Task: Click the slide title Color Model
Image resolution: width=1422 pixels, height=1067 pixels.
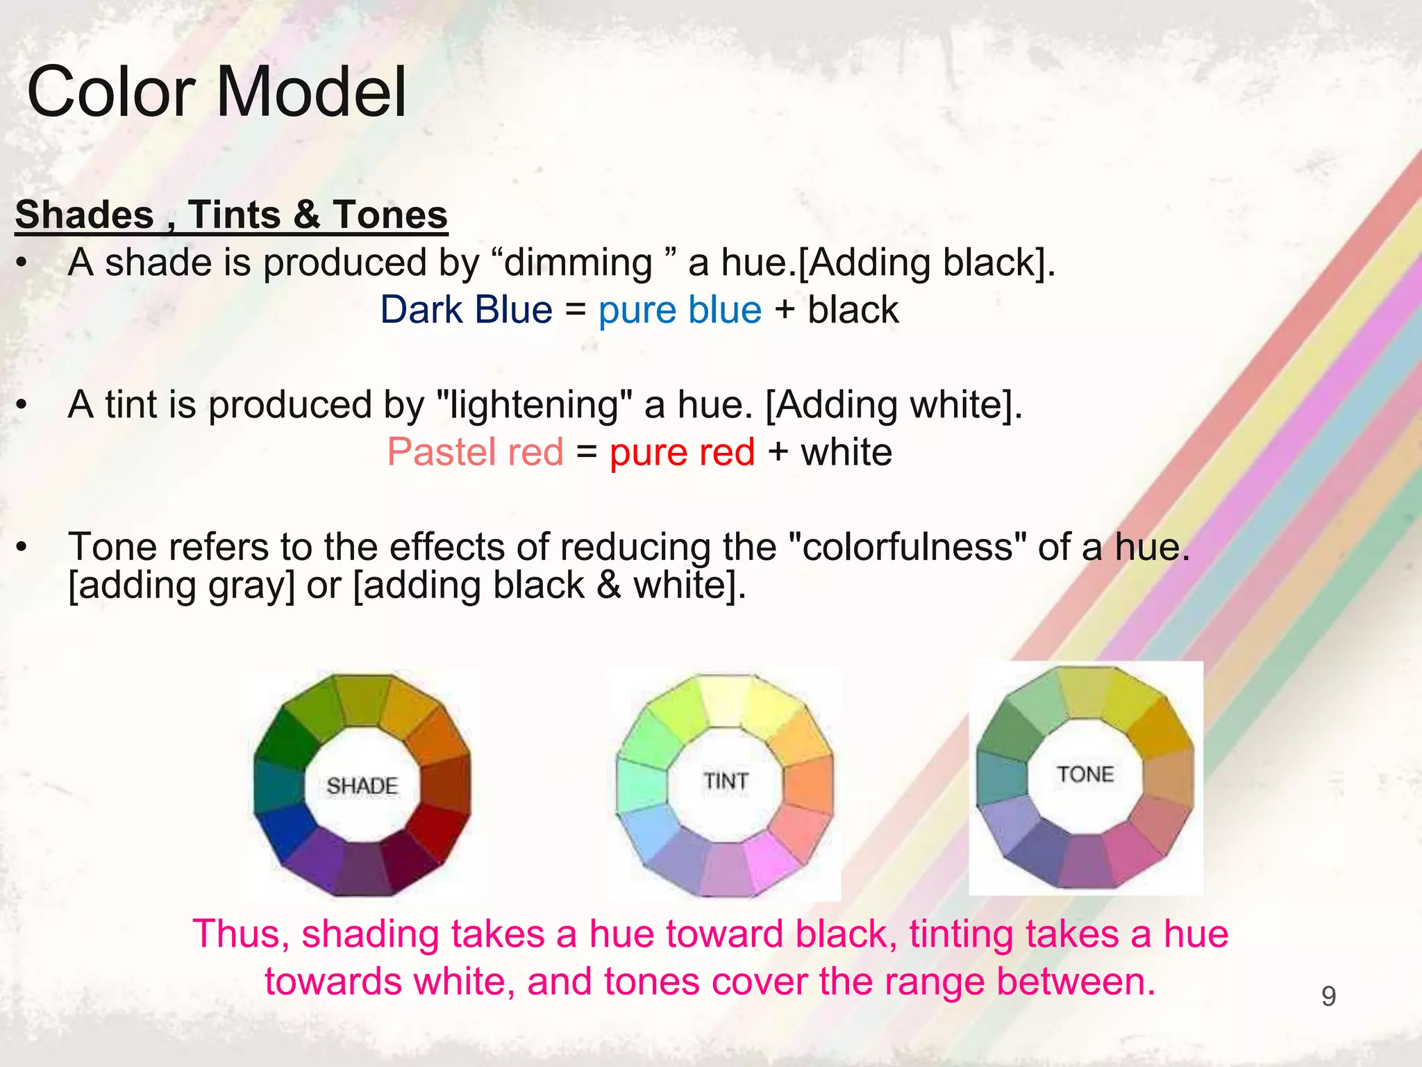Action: (216, 92)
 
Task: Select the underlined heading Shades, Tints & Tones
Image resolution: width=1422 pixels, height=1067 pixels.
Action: (231, 215)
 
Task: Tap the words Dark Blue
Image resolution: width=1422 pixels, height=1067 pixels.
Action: (466, 310)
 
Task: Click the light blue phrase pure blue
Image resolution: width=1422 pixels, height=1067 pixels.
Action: (680, 310)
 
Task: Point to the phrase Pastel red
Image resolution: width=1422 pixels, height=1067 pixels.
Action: (475, 452)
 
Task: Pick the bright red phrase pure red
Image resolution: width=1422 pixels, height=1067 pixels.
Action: (682, 452)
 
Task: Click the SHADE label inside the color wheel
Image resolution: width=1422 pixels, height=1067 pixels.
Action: (362, 786)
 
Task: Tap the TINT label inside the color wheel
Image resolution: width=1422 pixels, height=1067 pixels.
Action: (726, 781)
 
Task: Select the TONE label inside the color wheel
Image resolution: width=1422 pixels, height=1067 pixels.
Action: (1085, 774)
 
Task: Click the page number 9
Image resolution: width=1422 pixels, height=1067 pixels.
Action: (1328, 997)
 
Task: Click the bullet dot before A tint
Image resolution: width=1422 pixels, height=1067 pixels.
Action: (23, 405)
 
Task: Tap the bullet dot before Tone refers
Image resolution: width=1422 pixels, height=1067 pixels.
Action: (23, 547)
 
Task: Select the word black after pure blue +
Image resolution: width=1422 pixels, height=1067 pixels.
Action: (853, 310)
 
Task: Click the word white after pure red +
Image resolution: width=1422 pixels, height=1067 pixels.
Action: (846, 452)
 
